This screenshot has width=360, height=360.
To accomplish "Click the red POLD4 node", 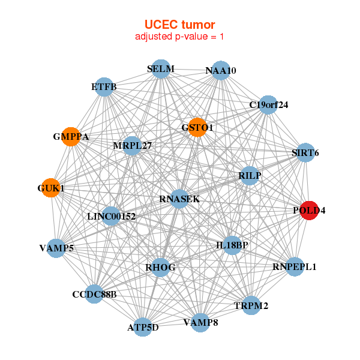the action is coord(309,211).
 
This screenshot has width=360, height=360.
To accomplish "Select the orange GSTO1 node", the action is coord(197,127).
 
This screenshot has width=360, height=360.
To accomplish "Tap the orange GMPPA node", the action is coord(71,137).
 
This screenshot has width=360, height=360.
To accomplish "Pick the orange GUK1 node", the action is coord(51,188).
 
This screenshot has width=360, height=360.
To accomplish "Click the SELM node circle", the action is coord(161,69).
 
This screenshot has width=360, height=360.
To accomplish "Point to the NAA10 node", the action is coord(221,71).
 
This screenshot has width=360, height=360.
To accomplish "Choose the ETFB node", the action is coord(104,87).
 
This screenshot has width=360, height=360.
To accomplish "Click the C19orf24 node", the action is coord(268,105).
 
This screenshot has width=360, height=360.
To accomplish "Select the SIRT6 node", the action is coord(305,153).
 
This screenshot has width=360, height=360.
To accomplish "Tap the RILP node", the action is coord(249,175).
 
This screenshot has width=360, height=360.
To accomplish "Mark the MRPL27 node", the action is coord(132,145).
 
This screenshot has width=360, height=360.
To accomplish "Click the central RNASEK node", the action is coord(179,199).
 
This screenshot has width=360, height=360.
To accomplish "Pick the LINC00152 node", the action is coord(111,215).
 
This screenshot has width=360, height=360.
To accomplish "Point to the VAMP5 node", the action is coord(56,248).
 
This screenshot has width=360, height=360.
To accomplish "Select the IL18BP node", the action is coord(232,245).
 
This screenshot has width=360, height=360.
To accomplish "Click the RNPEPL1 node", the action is coord(294,266).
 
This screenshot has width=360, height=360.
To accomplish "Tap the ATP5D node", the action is coord(143,327).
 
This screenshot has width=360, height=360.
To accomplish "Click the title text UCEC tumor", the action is coord(179,25).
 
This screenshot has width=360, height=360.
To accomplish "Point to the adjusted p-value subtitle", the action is coord(179,37).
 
